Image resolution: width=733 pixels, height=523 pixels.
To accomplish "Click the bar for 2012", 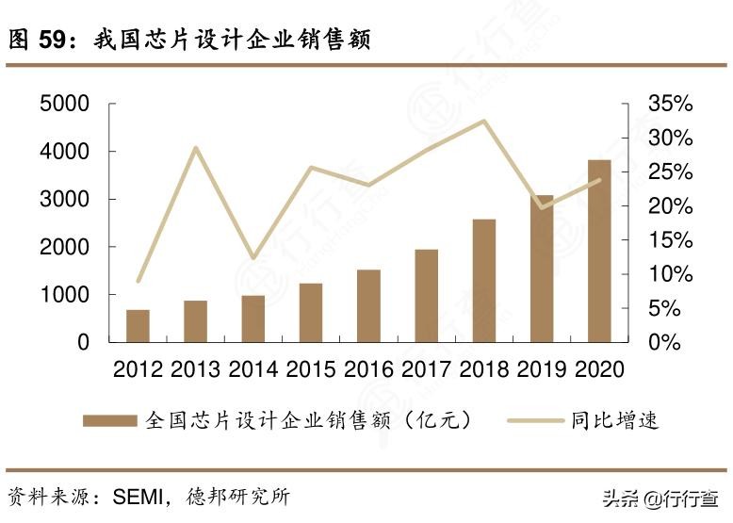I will [138, 325].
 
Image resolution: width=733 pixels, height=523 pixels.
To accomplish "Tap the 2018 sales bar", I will [484, 281].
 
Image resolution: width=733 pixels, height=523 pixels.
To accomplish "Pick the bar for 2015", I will [311, 312].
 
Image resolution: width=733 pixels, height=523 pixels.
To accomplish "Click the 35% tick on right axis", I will [670, 104].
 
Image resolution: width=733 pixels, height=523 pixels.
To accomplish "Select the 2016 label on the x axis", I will [369, 368].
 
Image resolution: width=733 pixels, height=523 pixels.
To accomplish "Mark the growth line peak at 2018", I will [484, 121].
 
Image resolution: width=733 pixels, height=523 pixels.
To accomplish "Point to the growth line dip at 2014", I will [252, 257].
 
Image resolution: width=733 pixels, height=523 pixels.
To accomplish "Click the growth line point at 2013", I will [196, 148].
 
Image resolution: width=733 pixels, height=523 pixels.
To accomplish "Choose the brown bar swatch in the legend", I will [109, 420].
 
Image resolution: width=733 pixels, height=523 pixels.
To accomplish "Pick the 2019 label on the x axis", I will [542, 368].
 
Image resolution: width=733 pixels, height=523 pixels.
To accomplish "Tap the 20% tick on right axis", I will [670, 206].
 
